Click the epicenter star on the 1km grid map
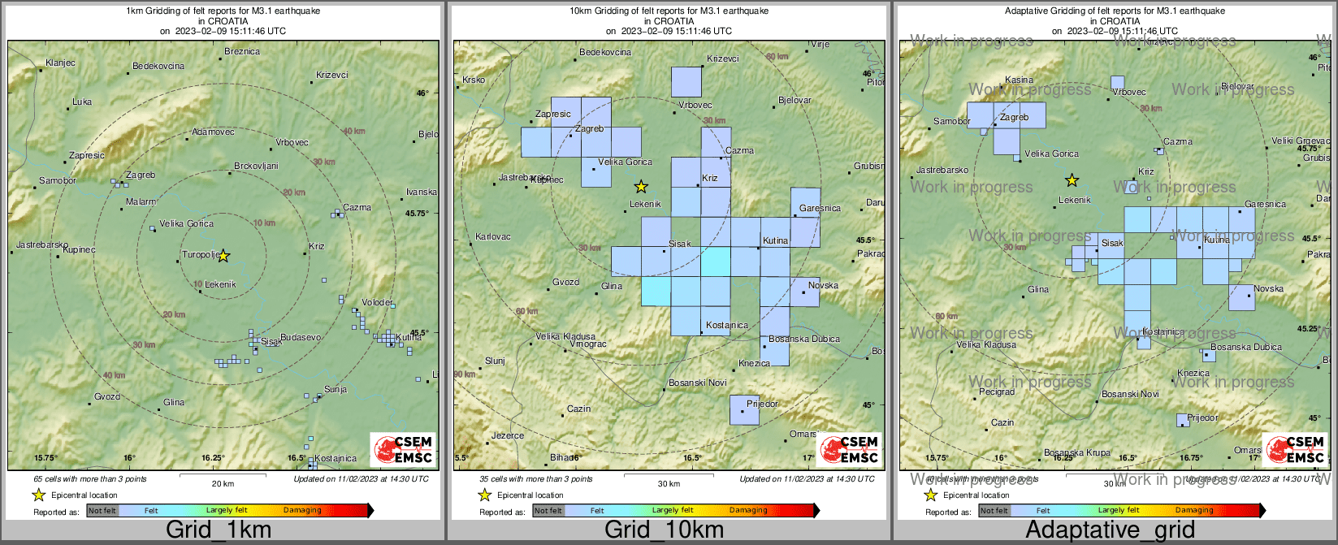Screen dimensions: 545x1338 (223, 256)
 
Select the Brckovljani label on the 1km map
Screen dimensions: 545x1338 (256, 167)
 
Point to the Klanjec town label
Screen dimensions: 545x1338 (60, 63)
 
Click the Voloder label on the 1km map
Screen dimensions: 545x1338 (377, 303)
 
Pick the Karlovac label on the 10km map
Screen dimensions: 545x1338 (493, 237)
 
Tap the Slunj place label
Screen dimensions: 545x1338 (495, 361)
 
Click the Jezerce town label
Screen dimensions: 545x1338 (508, 436)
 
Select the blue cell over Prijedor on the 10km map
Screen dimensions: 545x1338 (744, 409)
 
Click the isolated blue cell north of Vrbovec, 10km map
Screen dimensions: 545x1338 (686, 82)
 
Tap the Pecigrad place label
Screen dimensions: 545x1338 (997, 392)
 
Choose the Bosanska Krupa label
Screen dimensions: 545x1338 (1077, 453)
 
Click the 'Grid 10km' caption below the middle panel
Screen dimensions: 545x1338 (664, 530)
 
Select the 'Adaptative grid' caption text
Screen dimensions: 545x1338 (1110, 530)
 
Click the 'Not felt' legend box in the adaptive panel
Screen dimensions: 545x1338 (994, 511)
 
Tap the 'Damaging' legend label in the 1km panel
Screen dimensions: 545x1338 (302, 511)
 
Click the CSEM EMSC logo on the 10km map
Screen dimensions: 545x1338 (850, 449)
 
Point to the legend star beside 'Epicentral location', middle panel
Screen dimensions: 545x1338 (485, 495)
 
